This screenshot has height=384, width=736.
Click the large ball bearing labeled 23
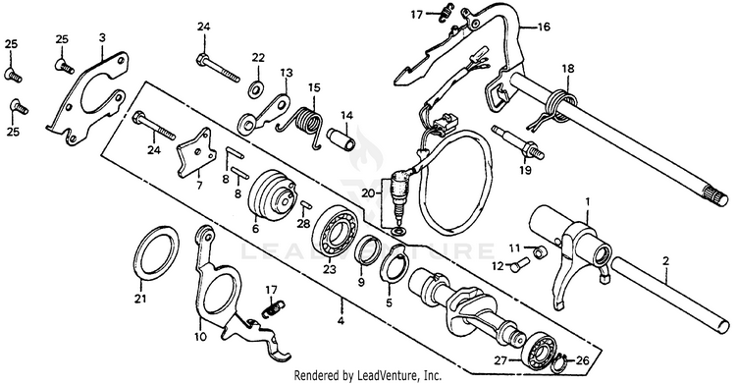(335, 232)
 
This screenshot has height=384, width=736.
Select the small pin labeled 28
(306, 204)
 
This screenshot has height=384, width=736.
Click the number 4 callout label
(341, 321)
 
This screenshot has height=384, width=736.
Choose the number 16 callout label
(543, 27)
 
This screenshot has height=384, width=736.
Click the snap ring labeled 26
(563, 362)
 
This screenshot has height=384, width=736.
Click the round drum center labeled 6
(271, 195)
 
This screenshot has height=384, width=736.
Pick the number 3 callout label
(102, 37)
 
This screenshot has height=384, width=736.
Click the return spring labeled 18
(557, 109)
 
